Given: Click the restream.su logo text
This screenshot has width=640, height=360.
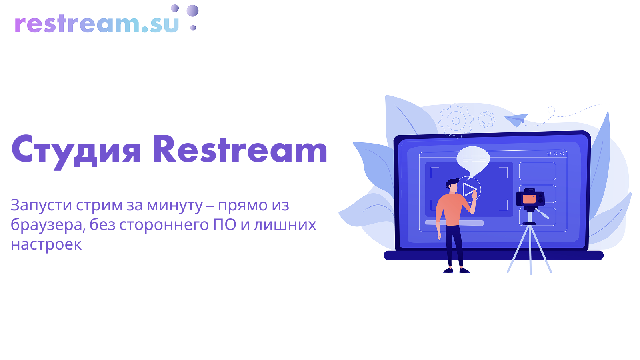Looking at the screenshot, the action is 96,24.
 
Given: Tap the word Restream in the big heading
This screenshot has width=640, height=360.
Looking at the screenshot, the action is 240,149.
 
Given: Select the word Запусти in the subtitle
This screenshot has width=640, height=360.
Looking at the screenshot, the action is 41,206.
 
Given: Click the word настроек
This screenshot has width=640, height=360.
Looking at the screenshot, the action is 46,244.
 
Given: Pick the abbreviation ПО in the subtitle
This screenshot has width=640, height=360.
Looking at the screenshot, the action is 224,225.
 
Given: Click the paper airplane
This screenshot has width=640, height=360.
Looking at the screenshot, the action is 516,120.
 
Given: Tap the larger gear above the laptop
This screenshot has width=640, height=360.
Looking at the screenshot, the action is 456,121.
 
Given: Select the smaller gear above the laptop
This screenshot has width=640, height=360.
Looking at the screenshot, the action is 486,119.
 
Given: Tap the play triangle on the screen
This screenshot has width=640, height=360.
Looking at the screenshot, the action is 469,190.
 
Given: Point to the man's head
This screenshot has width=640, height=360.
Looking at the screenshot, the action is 452,186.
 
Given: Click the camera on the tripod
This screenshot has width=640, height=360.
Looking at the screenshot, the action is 530,198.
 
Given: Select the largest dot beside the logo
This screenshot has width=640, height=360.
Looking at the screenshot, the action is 192,10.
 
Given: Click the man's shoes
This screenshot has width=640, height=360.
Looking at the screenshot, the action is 456,270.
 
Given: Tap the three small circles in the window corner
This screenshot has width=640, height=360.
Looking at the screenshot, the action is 556,154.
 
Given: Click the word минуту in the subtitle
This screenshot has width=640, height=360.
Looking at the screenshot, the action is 175,206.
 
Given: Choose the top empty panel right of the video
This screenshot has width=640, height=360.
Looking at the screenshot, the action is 538,171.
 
